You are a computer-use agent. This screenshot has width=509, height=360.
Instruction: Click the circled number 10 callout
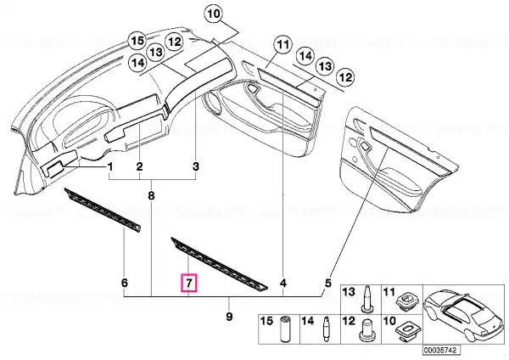[x=213, y=14]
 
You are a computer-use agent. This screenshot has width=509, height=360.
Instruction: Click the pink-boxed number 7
[x=188, y=283]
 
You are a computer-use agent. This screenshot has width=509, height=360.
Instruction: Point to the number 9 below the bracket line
[x=228, y=317]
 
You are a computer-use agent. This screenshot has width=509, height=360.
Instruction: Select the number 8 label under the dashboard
[x=152, y=195]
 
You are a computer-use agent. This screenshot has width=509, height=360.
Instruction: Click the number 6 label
[x=124, y=282]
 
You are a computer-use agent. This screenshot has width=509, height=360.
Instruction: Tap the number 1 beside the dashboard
[x=109, y=166]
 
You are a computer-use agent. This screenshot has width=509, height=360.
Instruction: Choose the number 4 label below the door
[x=283, y=282]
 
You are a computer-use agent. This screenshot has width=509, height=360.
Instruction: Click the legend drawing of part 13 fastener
[x=367, y=298]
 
